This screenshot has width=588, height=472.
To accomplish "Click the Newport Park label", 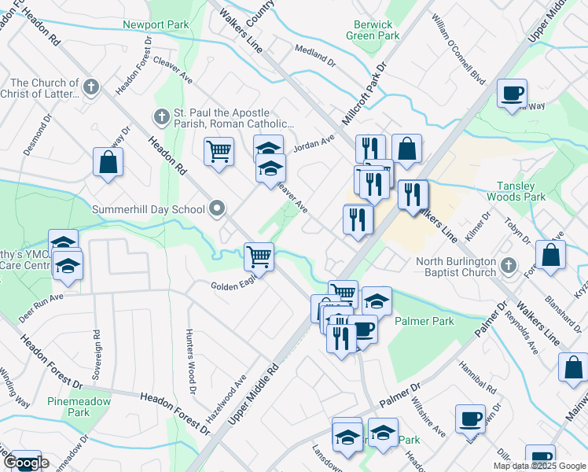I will [x=156, y=24].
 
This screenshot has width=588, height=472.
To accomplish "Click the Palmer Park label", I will [x=424, y=321].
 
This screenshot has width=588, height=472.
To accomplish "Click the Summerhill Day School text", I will [x=148, y=210].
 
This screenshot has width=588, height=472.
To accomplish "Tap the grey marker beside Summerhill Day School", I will [x=217, y=209].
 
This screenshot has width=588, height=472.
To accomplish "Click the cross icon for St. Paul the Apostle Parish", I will [x=161, y=117].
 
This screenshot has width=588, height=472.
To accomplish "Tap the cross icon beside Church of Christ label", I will [x=91, y=87].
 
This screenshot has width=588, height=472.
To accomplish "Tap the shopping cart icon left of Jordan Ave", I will [x=219, y=150].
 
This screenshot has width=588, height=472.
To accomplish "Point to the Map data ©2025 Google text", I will [x=538, y=466].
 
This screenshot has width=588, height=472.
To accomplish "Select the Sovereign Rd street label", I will [x=96, y=354].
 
